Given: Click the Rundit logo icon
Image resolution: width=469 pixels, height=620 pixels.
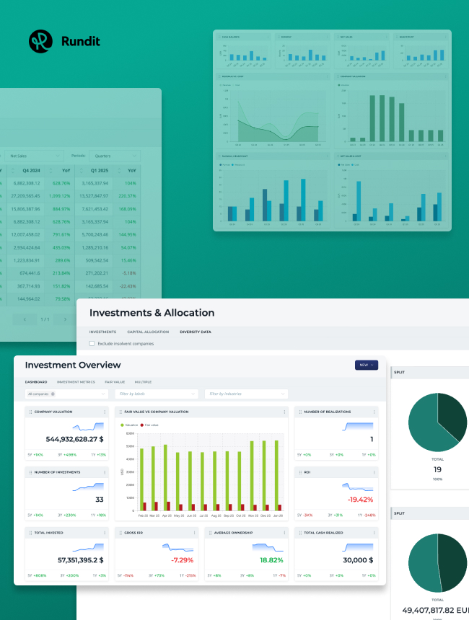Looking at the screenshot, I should tap(41, 41).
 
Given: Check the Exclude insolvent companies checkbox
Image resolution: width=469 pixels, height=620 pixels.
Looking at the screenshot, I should tap(92, 344).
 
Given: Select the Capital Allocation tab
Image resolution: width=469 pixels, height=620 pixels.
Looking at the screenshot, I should tap(148, 332).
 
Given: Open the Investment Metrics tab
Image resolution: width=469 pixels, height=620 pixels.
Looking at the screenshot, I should tap(76, 381).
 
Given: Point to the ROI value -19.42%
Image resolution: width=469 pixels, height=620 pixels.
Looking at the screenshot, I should tap(360, 499).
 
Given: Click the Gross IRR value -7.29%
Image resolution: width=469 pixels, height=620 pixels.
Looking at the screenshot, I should tap(182, 559).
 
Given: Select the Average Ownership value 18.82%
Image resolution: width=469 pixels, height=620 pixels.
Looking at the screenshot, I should tap(271, 559).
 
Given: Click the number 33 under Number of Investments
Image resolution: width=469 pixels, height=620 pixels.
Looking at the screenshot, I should tap(100, 499).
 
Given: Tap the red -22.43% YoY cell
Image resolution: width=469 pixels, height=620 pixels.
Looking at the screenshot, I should tap(128, 285).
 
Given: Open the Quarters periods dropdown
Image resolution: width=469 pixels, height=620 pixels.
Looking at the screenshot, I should tap(115, 155).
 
